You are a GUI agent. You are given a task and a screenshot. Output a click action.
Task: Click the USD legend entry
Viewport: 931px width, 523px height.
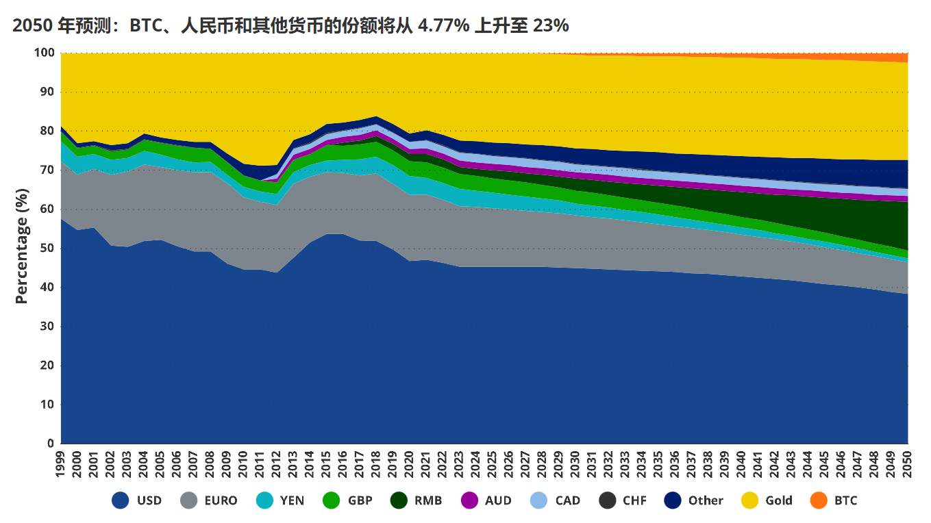(136, 500)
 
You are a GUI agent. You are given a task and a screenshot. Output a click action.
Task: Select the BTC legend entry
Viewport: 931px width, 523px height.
(834, 500)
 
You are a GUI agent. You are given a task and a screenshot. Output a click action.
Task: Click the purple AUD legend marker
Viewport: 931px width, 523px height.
(469, 500)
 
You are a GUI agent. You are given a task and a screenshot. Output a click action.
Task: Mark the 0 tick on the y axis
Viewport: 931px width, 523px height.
(49, 444)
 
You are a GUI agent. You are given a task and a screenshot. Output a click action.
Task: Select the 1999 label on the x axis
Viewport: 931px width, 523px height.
(62, 463)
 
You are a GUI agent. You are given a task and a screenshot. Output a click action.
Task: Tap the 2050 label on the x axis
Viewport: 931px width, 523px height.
(908, 463)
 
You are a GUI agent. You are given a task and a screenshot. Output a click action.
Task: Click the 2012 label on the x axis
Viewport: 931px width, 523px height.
(277, 463)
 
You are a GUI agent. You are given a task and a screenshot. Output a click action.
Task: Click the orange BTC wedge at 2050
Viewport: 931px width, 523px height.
(903, 58)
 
